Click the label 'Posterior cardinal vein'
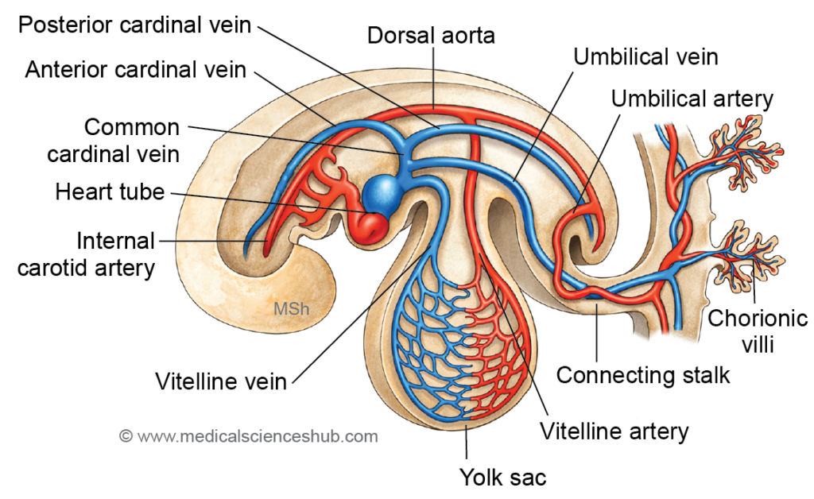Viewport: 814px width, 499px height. [134, 25]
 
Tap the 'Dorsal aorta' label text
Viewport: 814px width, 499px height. [432, 36]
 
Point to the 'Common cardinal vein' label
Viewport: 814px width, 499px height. [114, 140]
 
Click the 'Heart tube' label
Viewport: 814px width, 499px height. [109, 191]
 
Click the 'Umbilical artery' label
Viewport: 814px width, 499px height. [692, 99]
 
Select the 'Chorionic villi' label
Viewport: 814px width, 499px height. [746, 331]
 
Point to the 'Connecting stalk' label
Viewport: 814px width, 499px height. [642, 374]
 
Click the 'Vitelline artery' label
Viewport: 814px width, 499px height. [614, 431]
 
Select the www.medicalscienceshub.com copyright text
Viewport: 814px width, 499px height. [249, 436]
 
